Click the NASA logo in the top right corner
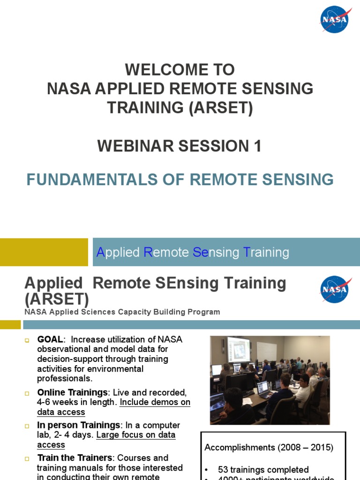coord(334,20)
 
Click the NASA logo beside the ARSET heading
coord(334,289)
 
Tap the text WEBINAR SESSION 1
coord(180,146)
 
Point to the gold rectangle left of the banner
coord(44,252)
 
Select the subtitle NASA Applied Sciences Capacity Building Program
coord(122,312)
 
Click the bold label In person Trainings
coord(79,425)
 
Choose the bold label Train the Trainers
coord(76,457)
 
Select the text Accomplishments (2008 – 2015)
coord(269,448)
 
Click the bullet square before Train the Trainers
coord(27,458)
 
